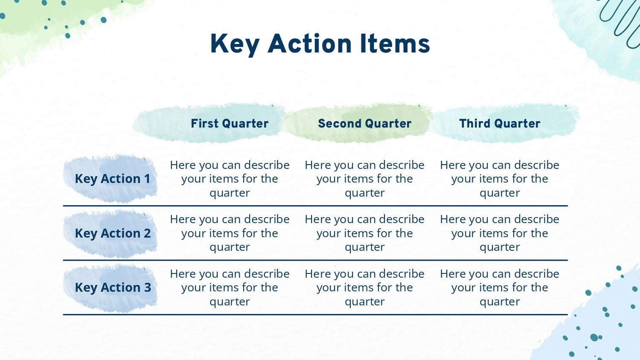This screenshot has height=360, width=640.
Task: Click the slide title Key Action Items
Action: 320,44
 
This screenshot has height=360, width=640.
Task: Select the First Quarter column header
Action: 230,123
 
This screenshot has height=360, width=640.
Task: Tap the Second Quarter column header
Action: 364,123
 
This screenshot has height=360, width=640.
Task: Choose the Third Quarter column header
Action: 500,123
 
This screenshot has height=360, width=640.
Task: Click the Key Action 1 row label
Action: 113,179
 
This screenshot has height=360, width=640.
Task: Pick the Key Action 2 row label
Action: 113,233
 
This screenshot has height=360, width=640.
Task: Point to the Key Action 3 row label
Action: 113,287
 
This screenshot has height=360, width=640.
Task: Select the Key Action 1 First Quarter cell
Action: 230,179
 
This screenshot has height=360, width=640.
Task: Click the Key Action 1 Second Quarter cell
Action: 364,179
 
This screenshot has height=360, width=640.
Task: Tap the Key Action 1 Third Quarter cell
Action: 500,179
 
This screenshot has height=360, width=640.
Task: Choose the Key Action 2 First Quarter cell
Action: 230,233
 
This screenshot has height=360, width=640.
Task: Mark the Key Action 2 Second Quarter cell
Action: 364,233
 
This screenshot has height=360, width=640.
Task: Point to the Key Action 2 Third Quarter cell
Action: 500,233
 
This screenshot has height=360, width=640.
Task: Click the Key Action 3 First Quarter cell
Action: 230,287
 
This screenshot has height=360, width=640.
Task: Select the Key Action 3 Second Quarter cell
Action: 364,287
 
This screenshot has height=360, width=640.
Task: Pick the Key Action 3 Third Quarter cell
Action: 500,287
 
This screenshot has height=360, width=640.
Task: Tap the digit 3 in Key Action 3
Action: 148,287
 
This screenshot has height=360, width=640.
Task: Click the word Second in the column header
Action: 340,123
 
